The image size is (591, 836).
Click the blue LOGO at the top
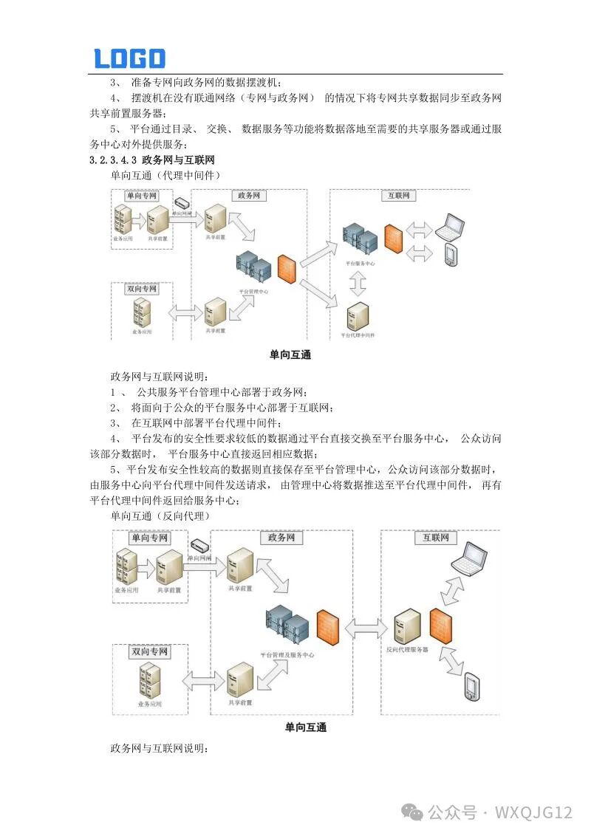129,58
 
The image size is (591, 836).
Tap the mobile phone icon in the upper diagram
449,254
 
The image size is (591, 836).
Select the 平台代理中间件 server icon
358,316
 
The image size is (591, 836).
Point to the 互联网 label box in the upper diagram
399,196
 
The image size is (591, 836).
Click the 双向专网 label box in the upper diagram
141,289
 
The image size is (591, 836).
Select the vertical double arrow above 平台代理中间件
358,282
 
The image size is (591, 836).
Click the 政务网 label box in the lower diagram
281,538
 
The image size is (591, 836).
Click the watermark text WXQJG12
533,812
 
